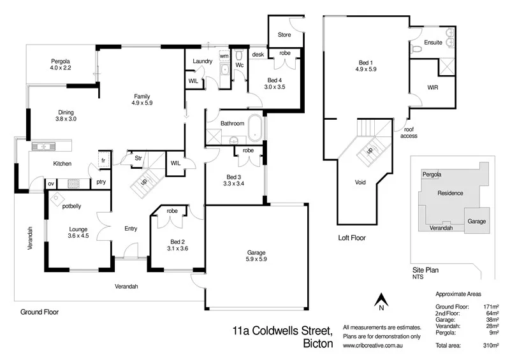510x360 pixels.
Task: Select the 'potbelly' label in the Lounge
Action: (x=72, y=206)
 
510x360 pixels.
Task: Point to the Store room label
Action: (x=284, y=34)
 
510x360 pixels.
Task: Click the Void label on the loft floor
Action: (x=360, y=182)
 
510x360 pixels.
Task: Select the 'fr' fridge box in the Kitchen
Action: (x=101, y=160)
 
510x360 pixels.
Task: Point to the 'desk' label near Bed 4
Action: (x=258, y=54)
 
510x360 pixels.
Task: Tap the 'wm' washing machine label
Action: (x=223, y=57)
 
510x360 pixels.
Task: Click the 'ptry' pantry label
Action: (x=101, y=183)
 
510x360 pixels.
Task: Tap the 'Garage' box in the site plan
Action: (x=477, y=221)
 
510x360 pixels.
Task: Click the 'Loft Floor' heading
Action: (x=351, y=238)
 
